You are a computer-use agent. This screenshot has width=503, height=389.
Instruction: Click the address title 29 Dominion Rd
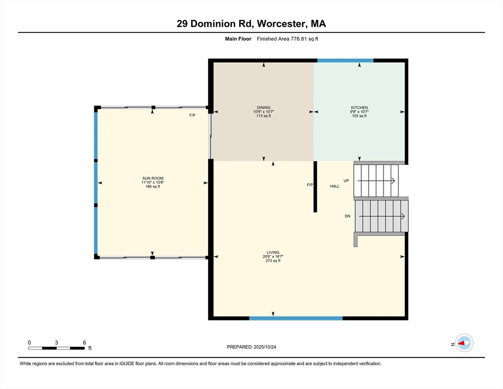click(251, 23)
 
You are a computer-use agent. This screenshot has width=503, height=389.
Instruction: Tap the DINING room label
click(263, 107)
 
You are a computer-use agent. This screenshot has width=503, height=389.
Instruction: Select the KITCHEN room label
click(359, 107)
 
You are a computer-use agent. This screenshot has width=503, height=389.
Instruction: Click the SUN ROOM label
click(152, 178)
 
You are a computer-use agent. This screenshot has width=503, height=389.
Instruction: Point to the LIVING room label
click(273, 252)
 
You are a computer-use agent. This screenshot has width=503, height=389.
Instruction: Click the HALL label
click(334, 186)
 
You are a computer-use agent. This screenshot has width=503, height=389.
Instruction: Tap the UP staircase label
click(347, 181)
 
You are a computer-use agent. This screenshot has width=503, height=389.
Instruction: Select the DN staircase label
click(348, 216)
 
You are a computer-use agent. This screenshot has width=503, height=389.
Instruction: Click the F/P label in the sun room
click(192, 115)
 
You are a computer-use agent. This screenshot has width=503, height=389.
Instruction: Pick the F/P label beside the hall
click(310, 185)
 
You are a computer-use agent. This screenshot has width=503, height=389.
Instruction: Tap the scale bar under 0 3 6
click(57, 348)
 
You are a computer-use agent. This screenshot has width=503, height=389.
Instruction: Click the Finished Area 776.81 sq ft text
click(287, 38)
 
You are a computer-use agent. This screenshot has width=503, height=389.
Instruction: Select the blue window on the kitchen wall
click(345, 60)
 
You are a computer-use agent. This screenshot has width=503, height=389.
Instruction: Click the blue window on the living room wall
click(296, 318)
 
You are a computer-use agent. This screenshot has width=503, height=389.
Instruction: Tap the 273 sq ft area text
click(273, 261)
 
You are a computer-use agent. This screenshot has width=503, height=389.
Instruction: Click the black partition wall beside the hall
click(315, 186)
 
